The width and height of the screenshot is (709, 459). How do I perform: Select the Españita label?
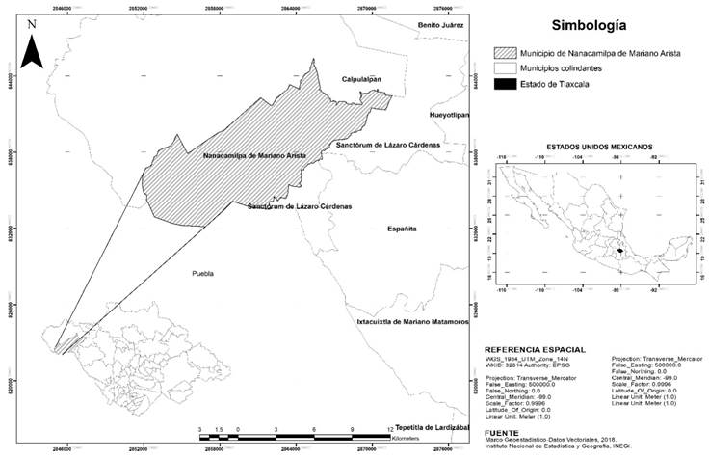coord(402,229)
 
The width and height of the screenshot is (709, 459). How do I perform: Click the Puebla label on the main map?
coord(200,273)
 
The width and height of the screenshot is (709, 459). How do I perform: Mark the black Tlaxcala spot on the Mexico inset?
coord(620,251)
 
